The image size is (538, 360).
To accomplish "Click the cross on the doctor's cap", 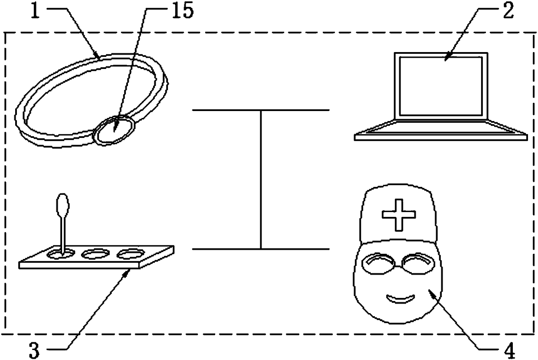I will click(398, 214).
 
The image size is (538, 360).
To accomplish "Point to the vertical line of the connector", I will click(261, 180).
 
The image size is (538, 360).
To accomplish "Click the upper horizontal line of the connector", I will click(260, 110).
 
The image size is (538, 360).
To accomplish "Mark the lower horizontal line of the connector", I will click(260, 249).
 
